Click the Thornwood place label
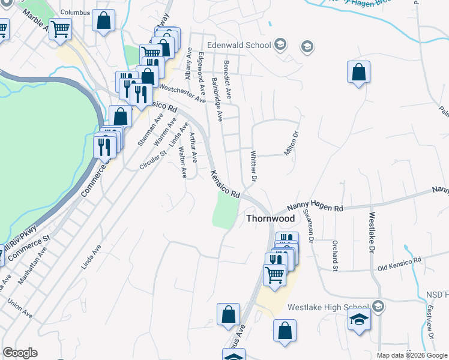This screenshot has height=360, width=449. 271,219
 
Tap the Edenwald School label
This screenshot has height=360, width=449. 239,44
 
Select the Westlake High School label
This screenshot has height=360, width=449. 328,307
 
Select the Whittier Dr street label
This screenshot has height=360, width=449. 253,166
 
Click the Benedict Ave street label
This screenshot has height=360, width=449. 228,79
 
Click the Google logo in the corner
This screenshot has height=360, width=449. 20,353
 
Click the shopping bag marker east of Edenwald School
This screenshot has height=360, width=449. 358,73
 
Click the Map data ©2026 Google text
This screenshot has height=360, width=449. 411,355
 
